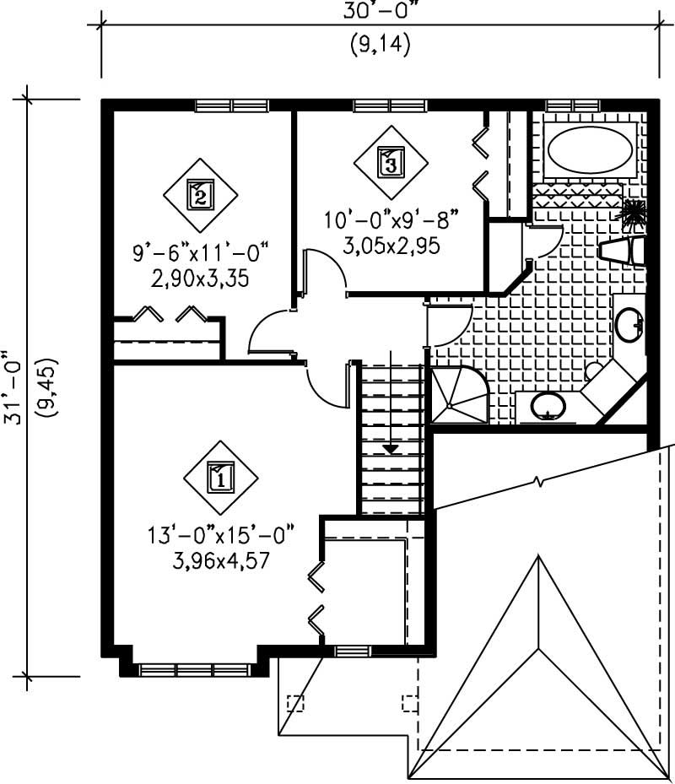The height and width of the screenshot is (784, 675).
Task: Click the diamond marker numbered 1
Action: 220,477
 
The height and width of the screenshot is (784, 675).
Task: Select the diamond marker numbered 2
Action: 199,196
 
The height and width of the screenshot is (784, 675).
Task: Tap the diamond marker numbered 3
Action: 390,162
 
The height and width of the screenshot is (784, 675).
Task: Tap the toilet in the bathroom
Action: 623,251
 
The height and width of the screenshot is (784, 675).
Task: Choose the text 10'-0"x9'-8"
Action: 391,221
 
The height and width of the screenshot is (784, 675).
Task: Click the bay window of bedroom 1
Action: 195,669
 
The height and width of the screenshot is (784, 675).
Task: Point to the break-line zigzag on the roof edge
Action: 537,484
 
